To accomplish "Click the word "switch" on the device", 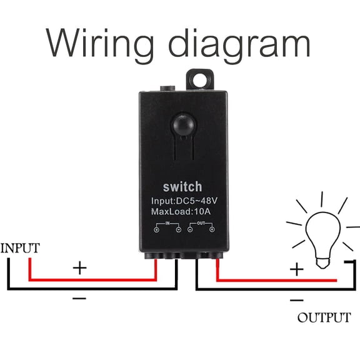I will (x=182, y=186).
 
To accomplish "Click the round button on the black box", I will (x=182, y=122).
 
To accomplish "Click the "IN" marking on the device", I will (x=167, y=222).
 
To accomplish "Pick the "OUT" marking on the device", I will (x=201, y=222).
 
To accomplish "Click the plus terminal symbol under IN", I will (x=157, y=230).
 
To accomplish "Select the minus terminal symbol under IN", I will (x=179, y=230).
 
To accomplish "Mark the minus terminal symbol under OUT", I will (x=190, y=230).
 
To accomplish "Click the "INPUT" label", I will (x=20, y=248).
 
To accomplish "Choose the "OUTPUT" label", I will (x=324, y=317).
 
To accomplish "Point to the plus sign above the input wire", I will (x=79, y=269).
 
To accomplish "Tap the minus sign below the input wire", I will (x=79, y=299).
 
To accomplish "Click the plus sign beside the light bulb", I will (x=296, y=269).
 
